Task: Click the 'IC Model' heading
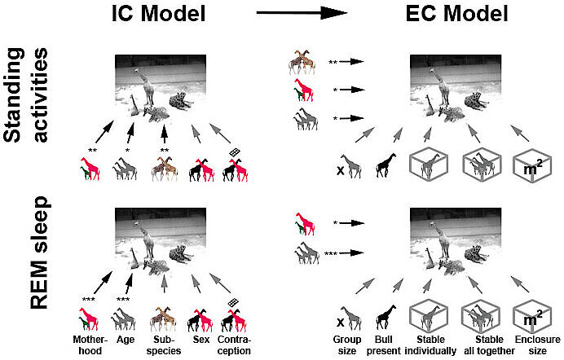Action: pos(161,15)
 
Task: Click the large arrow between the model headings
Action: pos(303,14)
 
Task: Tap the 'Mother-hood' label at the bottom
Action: pos(88,343)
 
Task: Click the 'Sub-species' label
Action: pos(164,343)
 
